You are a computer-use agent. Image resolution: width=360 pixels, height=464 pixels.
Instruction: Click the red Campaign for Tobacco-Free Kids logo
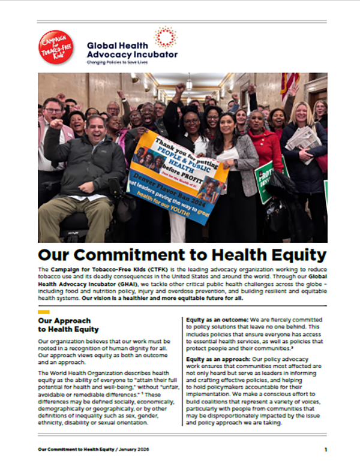tap(56, 47)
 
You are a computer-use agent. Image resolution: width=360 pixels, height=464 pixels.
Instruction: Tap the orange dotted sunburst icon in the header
tap(165, 37)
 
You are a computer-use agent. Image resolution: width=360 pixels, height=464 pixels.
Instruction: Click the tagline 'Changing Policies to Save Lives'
tap(121, 62)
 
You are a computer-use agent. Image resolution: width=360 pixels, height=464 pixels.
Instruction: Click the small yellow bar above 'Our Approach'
tap(43, 312)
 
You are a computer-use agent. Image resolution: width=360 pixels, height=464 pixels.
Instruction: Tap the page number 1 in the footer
tap(325, 448)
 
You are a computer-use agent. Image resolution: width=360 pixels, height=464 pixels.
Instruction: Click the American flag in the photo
tap(290, 84)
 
